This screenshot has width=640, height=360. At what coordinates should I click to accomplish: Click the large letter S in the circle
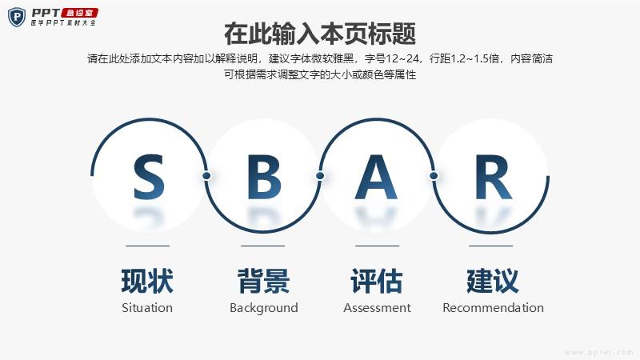click(x=149, y=177)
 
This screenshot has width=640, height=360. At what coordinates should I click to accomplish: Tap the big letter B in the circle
click(x=264, y=177)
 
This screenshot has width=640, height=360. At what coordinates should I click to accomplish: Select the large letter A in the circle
click(x=376, y=177)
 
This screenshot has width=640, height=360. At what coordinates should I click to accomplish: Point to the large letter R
click(x=493, y=177)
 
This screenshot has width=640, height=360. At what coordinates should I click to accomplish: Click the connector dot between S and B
click(x=206, y=175)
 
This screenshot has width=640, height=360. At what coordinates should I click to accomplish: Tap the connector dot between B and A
click(x=320, y=175)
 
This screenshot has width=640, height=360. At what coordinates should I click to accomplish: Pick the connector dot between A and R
click(x=434, y=175)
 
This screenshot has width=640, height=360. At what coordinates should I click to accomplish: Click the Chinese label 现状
click(x=147, y=281)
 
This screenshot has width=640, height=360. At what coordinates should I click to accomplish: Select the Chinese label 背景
click(x=264, y=281)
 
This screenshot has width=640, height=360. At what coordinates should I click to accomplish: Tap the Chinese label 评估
click(x=377, y=281)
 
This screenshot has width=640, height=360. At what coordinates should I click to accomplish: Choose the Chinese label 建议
click(x=493, y=281)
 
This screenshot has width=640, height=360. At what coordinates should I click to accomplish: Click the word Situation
click(x=147, y=308)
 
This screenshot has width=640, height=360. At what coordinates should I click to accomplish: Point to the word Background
click(x=264, y=308)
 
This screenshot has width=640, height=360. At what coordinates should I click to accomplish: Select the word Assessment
click(x=377, y=308)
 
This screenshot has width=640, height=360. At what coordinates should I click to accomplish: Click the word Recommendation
click(x=493, y=308)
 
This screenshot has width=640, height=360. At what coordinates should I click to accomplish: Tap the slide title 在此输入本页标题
click(x=320, y=34)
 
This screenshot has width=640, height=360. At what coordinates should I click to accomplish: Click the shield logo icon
click(x=17, y=17)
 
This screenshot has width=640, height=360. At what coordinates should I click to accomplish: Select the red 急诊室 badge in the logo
click(x=79, y=13)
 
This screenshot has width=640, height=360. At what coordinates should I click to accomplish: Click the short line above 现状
click(x=148, y=246)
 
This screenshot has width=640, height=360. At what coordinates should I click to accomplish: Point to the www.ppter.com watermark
click(x=599, y=352)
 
